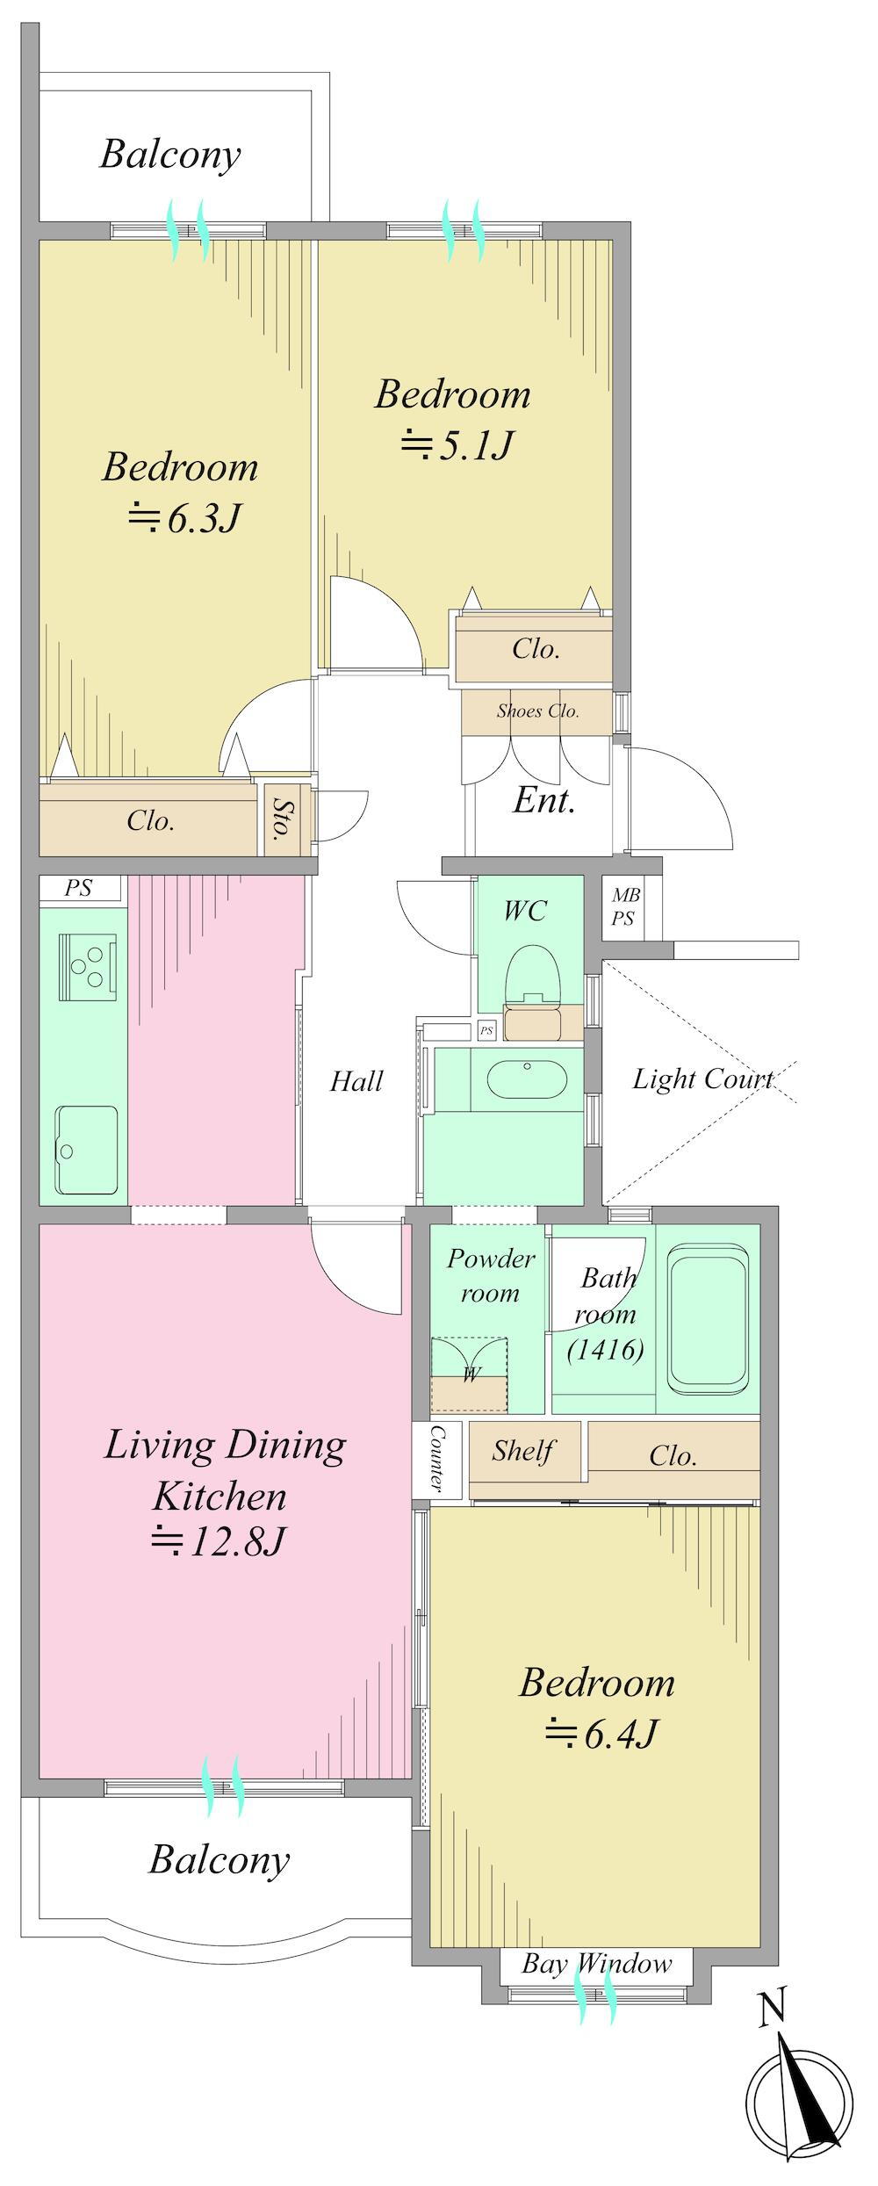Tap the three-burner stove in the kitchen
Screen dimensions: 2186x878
tap(88, 966)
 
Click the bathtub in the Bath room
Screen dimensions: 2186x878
tap(709, 1317)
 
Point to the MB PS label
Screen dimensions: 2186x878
tap(625, 907)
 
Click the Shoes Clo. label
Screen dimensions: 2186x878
tap(537, 711)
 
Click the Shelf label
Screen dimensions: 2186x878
tap(523, 1450)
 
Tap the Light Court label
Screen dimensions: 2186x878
tap(702, 1079)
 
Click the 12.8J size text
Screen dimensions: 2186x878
tap(219, 1540)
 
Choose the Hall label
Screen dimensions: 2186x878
tap(356, 1081)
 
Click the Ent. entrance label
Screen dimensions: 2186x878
tap(544, 800)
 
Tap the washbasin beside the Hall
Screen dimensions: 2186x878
tap(527, 1079)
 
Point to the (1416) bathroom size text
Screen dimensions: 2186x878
tap(606, 1348)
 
